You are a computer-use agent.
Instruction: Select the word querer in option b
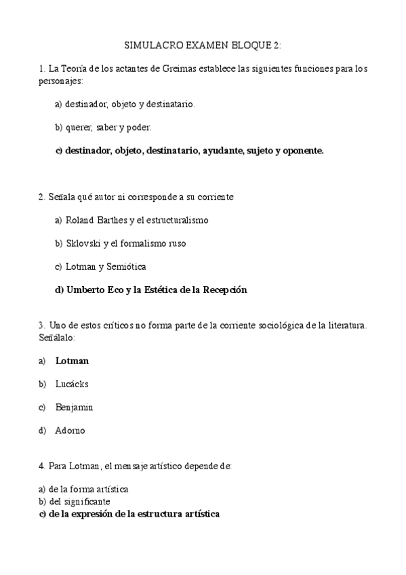[82, 127]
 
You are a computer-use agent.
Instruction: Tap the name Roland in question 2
[81, 220]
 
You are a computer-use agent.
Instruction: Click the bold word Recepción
[222, 290]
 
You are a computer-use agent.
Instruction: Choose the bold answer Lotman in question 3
[72, 361]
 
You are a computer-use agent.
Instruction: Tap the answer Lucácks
[72, 384]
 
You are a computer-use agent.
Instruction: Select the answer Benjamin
[74, 407]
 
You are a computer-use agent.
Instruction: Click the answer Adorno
[70, 430]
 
